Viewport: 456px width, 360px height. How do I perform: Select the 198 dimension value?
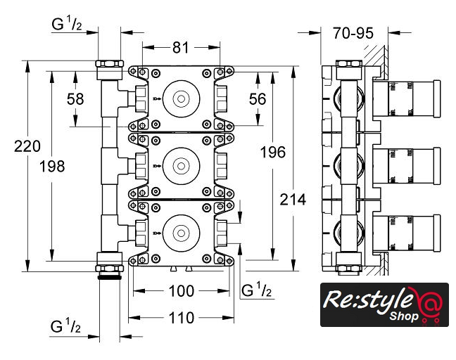51,167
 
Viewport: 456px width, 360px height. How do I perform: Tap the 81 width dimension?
181,48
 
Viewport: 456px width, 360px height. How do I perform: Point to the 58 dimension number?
75,98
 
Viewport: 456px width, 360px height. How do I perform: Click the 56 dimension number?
258,98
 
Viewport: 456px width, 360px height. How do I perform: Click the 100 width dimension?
181,290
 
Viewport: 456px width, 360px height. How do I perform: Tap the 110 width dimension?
181,318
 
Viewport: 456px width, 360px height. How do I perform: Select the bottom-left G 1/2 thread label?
67,326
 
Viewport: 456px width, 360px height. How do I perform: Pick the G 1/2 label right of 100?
257,290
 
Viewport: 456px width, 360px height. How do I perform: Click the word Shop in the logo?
405,316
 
